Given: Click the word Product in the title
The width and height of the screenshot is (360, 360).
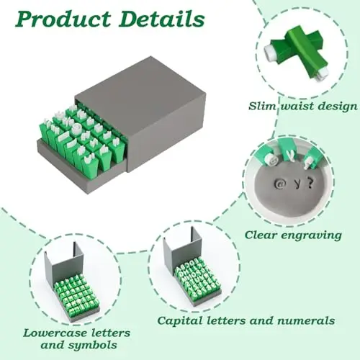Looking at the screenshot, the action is coord(63,19).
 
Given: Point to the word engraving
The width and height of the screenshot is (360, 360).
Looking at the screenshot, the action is coord(311,235).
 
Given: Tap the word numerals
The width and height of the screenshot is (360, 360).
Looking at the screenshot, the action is coord(307,320).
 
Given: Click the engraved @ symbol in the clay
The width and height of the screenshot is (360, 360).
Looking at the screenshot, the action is coord(279,184).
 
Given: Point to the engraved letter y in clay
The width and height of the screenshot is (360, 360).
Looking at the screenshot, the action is coord(297,184).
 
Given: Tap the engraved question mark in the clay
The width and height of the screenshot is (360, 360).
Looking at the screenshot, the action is coord(310,184).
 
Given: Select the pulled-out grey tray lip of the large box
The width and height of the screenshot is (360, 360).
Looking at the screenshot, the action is coord(79,168).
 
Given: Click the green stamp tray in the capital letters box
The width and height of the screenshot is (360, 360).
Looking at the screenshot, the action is coord(197,279).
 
